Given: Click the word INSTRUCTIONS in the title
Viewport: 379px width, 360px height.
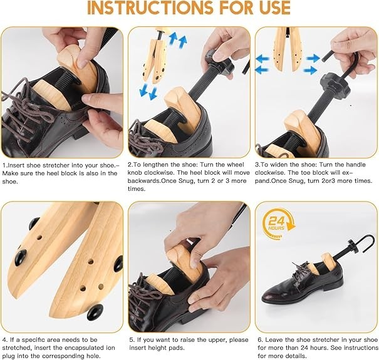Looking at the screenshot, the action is [x=150, y=8].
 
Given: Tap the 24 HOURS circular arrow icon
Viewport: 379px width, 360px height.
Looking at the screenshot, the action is [x=279, y=224].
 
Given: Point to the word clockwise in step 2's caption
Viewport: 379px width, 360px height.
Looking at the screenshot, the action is [x=164, y=173].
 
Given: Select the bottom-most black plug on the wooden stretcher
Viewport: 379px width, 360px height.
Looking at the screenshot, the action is [x=95, y=311].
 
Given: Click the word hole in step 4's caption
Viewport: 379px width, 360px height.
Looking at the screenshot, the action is [x=93, y=356].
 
